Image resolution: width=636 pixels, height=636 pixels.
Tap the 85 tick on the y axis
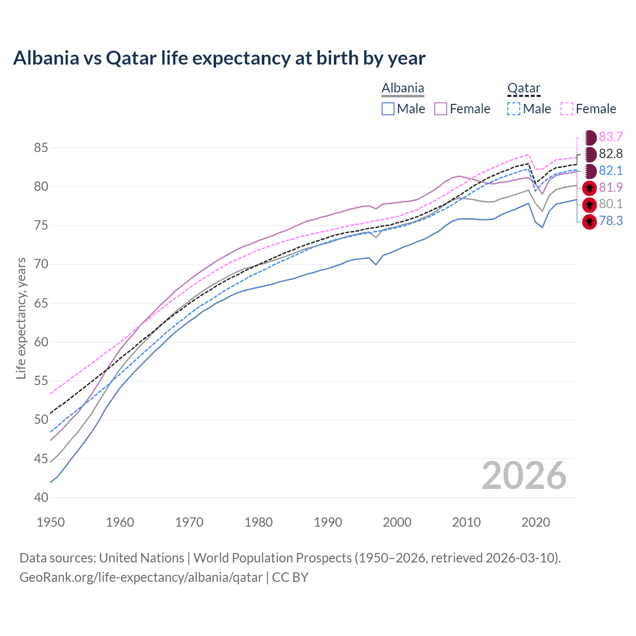tap(41, 148)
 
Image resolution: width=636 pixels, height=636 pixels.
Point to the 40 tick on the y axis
tap(41, 497)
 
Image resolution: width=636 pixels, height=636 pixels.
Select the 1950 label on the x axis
tap(51, 522)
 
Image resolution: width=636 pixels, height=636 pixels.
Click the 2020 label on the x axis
tap(536, 522)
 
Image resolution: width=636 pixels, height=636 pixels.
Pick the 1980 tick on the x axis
tap(259, 522)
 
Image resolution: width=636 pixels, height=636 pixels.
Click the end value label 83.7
tap(611, 137)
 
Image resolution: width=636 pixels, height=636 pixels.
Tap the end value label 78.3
tap(611, 221)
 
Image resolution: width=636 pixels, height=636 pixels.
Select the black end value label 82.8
tap(611, 154)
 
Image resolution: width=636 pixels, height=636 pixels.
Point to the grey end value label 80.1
tap(611, 204)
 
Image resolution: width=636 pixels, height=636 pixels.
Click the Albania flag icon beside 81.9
tap(589, 188)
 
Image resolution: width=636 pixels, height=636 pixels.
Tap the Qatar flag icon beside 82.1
tap(589, 171)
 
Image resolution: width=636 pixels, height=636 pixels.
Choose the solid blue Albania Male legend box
tap(388, 109)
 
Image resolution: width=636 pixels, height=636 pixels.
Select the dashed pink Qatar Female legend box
tap(567, 109)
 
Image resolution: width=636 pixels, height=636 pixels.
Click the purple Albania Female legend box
tap(441, 109)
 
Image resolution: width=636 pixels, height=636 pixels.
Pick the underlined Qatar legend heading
tap(524, 88)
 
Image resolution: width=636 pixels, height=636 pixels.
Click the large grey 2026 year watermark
tap(524, 476)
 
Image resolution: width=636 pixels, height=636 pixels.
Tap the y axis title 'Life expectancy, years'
tap(21, 318)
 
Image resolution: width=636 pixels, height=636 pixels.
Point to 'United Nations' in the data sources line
tap(142, 558)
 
